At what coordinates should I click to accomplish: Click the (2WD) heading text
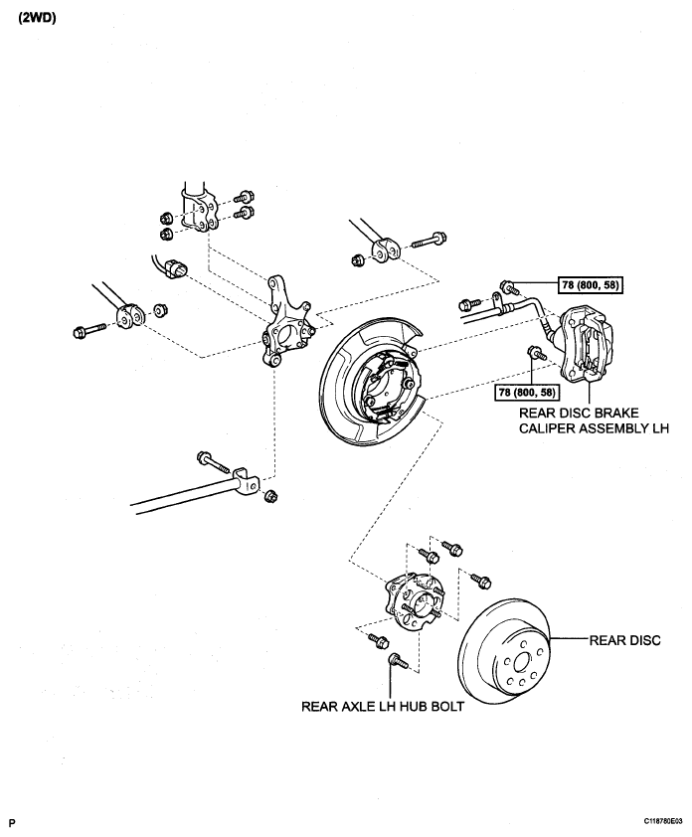[38, 18]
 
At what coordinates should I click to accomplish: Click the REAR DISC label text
[624, 640]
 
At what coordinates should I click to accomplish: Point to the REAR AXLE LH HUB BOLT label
[383, 706]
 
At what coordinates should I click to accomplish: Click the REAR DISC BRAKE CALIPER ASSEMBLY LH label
[594, 420]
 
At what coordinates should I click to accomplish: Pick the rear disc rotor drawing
[504, 650]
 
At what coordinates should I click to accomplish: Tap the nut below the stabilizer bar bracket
[271, 496]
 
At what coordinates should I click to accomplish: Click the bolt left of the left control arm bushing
[89, 329]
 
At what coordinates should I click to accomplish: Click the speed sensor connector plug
[175, 267]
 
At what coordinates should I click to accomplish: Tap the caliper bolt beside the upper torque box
[509, 287]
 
